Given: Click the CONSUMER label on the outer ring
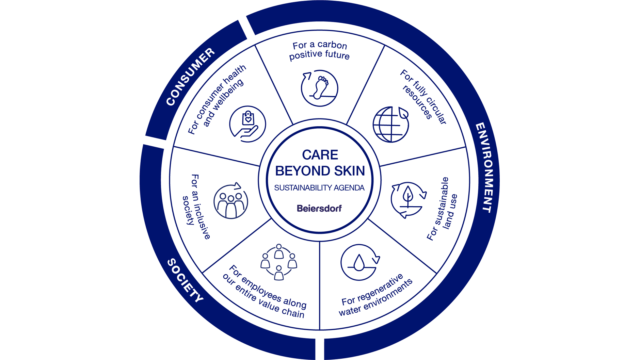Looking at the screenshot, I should point(190,77).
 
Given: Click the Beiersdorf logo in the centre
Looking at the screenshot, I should point(319,208).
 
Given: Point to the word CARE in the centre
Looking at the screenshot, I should point(320,155).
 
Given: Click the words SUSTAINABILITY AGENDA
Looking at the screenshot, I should point(319,188).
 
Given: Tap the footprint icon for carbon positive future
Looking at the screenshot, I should point(319,88).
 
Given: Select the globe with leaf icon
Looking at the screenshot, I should point(391,124).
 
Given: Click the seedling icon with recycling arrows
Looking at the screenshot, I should point(408,200).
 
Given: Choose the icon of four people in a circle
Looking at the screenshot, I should point(279,262).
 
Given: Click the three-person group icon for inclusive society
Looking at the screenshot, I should point(231,201).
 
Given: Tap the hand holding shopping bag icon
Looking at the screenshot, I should point(247,124).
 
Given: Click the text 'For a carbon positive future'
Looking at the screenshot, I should point(319,50).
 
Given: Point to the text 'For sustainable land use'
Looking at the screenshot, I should point(442,209).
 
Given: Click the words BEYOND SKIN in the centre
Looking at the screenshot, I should point(320,171).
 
